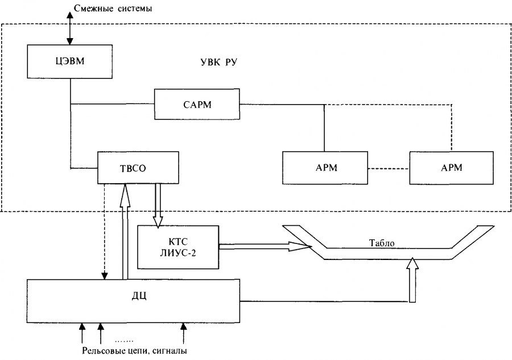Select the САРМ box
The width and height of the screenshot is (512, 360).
(197, 104)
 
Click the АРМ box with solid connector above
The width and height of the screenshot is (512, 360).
(325, 168)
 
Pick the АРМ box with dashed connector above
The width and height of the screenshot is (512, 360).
(451, 168)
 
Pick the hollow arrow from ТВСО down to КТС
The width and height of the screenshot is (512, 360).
(158, 205)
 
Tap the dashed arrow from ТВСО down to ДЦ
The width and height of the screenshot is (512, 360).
(105, 233)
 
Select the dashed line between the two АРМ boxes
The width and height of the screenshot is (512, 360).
(388, 168)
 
